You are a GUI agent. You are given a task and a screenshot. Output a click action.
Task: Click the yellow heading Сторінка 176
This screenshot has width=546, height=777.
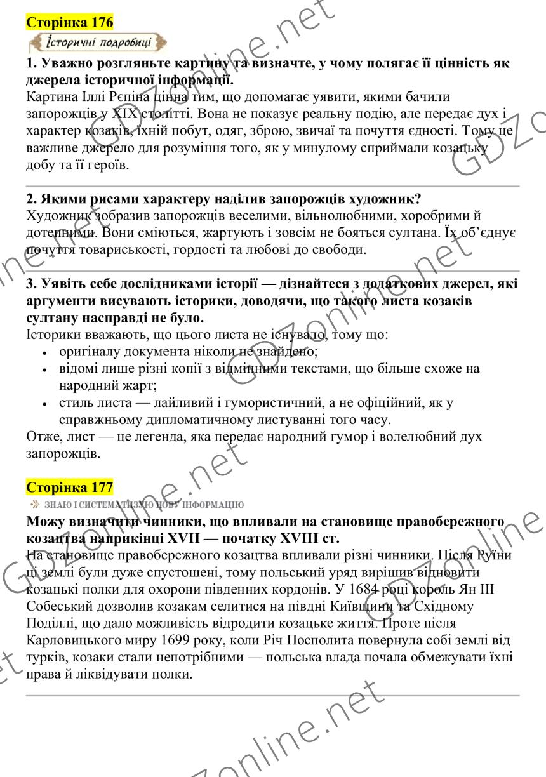(x=70, y=23)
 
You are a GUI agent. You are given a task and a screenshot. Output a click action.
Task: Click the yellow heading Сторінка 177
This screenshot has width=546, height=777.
(x=70, y=487)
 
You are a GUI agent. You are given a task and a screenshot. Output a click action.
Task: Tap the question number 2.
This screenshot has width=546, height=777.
(x=30, y=199)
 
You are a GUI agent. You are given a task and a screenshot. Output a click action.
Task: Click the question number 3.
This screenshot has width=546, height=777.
(x=30, y=283)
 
